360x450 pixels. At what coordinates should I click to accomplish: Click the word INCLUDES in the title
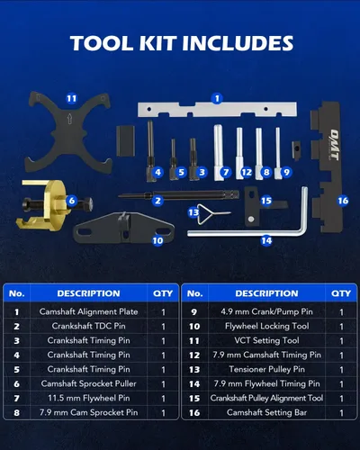[238, 42]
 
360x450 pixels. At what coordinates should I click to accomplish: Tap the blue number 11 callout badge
[71, 98]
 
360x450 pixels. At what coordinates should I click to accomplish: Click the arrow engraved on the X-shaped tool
[69, 119]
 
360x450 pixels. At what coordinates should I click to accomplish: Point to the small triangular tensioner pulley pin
[207, 213]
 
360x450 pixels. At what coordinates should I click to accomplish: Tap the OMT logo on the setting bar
[334, 145]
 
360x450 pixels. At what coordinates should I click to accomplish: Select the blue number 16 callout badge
[343, 201]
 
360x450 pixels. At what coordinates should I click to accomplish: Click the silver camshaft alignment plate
[217, 109]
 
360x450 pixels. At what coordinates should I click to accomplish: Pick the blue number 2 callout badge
[157, 201]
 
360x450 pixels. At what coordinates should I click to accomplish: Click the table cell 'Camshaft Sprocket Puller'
[89, 383]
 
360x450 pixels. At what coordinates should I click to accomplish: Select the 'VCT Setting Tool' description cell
[266, 340]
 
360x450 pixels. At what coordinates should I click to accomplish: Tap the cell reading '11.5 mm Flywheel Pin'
[89, 398]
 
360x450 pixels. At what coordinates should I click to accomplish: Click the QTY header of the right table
[341, 293]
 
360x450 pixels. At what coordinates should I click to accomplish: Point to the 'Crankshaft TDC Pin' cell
[89, 326]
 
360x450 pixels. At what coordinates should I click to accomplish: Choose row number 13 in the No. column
[194, 370]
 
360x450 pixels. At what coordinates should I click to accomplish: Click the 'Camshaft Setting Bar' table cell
[266, 412]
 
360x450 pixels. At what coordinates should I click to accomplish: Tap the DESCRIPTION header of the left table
[88, 293]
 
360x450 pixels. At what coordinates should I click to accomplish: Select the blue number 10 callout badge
[157, 240]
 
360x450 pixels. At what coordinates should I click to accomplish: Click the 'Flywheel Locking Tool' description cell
[266, 326]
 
